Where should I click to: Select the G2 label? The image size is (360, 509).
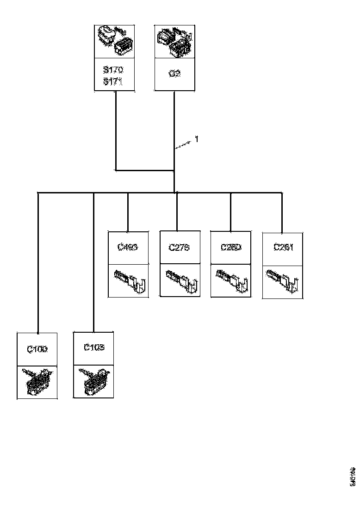click(174, 74)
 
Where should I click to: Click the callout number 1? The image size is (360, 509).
click(196, 139)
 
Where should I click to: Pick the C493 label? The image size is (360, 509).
click(128, 247)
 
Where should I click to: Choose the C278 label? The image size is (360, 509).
click(179, 247)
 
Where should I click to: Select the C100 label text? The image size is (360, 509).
click(37, 349)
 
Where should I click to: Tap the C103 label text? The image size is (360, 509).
click(94, 347)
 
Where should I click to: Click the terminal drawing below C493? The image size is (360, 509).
click(130, 280)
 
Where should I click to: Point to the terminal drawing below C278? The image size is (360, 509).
click(181, 280)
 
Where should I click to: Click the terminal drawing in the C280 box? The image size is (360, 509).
click(232, 280)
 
